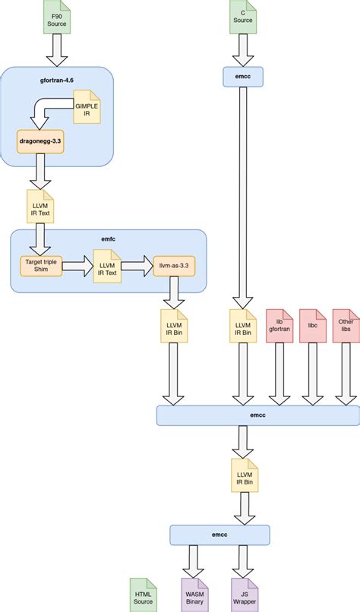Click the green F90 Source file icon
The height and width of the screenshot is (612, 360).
pyautogui.click(x=57, y=18)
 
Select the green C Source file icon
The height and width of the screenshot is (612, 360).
pyautogui.click(x=242, y=18)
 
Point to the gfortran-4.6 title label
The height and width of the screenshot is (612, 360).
pyautogui.click(x=58, y=79)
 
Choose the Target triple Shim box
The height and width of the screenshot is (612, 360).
pyautogui.click(x=40, y=266)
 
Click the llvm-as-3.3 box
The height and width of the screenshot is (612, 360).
pyautogui.click(x=173, y=266)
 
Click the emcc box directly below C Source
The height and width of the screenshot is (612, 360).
pyautogui.click(x=242, y=76)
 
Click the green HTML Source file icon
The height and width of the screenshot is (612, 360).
pyautogui.click(x=143, y=592)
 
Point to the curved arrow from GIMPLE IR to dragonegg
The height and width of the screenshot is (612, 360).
pyautogui.click(x=46, y=114)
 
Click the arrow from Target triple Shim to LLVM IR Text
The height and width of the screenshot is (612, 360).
pyautogui.click(x=76, y=266)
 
